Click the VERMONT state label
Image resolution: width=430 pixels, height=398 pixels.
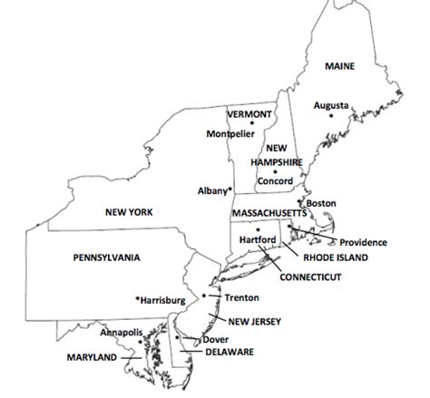point(249,114)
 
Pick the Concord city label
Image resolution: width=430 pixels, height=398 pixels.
point(275,180)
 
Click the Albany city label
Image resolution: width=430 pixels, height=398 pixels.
point(212,191)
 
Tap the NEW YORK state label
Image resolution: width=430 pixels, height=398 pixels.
point(127,211)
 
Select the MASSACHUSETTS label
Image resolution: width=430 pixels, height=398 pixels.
point(267,212)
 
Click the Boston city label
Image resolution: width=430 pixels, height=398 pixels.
point(323,204)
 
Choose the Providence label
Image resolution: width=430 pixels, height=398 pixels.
point(363,242)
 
